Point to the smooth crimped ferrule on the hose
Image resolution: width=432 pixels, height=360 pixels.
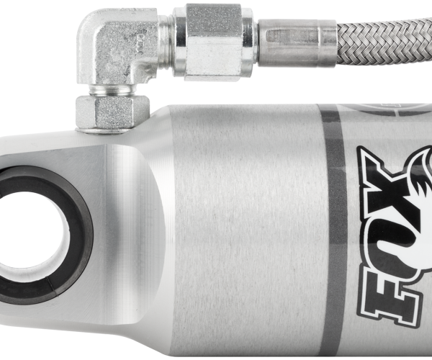pos(297,43)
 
